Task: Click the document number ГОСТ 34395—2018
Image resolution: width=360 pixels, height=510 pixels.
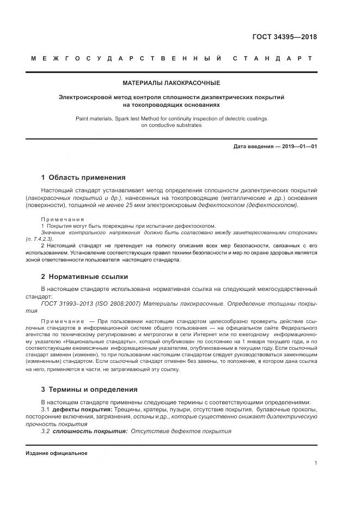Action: pos(284,37)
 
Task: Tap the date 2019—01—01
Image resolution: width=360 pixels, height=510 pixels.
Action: pos(297,147)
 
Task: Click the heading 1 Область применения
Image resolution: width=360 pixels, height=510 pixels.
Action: pos(83,177)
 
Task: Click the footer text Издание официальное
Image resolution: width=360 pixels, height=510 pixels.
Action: pos(56,453)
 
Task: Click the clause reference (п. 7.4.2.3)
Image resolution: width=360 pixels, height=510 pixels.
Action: pos(39,239)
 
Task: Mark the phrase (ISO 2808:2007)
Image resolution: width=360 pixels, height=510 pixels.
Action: pos(111,303)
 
